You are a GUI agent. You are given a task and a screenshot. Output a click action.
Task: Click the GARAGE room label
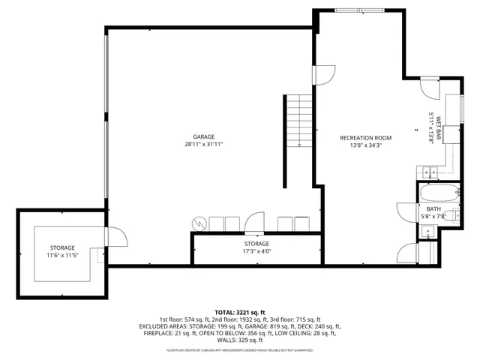pos(203,137)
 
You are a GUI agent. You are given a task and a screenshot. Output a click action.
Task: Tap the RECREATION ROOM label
pos(365,137)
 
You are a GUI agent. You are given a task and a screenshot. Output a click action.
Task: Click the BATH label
pos(433,209)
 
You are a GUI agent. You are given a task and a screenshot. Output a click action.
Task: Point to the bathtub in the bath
pos(434,192)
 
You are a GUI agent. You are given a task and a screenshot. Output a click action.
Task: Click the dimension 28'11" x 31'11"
pos(203,144)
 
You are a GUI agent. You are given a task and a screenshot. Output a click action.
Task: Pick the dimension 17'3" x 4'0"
pos(256,251)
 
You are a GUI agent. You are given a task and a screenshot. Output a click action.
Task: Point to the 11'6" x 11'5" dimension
pos(62,256)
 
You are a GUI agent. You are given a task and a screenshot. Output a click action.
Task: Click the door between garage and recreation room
pos(324,74)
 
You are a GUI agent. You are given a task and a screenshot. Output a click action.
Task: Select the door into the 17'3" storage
pos(256,223)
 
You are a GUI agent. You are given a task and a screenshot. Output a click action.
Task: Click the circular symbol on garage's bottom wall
pos(199,223)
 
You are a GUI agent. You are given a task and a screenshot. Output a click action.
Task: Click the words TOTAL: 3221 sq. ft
pos(239,312)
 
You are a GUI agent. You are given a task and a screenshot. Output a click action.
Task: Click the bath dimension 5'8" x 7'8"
pos(433,217)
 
